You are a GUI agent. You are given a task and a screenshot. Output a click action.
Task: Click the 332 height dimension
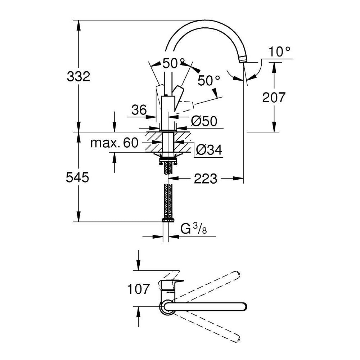click(78, 76)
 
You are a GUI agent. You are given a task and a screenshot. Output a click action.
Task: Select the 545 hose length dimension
click(77, 177)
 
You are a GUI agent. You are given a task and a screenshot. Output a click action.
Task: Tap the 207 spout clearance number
click(274, 97)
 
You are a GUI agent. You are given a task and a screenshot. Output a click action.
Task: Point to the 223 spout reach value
click(206, 179)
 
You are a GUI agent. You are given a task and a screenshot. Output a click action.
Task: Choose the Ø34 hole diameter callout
click(209, 150)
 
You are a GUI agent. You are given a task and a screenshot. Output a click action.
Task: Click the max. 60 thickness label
click(114, 143)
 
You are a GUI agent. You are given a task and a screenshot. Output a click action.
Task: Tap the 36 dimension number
click(139, 110)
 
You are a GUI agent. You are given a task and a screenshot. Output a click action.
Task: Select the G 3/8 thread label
click(194, 229)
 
